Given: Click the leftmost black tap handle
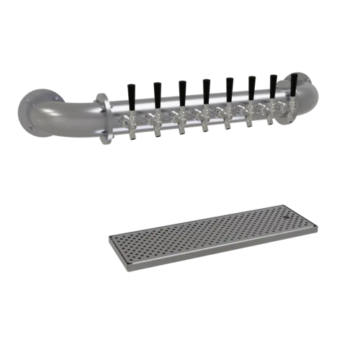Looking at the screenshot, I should [x=132, y=91].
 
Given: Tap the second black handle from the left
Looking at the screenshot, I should [x=156, y=91].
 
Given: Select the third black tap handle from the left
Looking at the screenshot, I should [x=182, y=89].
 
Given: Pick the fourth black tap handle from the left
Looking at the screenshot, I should [x=207, y=88].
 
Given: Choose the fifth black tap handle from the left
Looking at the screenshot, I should [x=230, y=86].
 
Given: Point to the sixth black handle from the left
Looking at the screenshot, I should [x=252, y=86].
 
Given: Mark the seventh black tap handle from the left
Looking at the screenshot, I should [x=274, y=84].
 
